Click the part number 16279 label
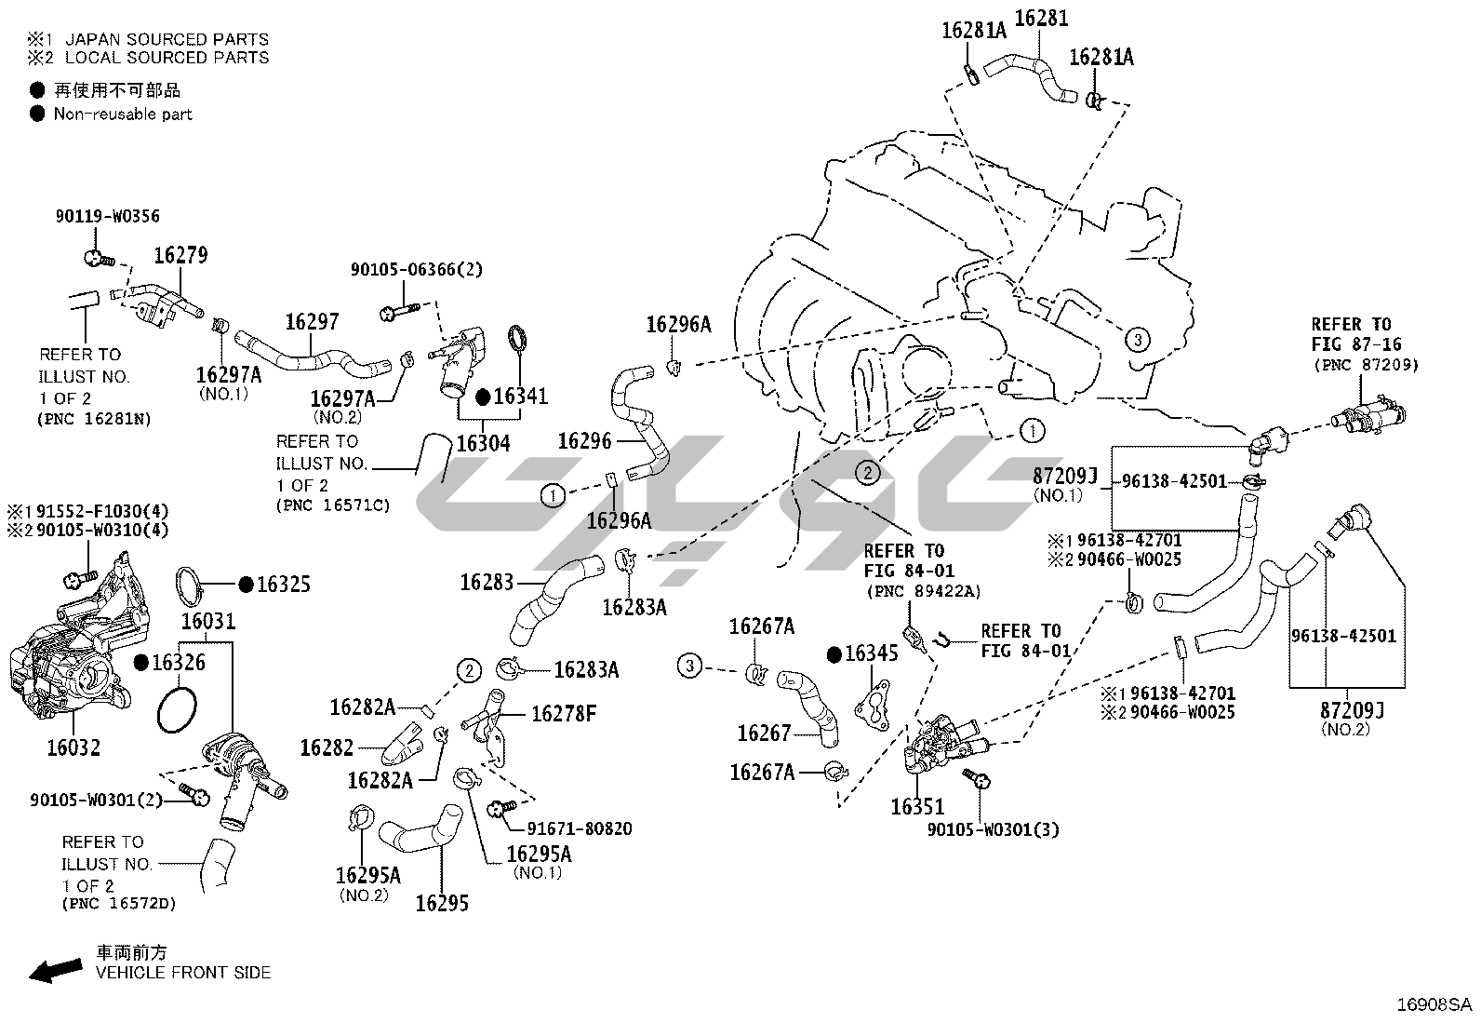click(x=180, y=255)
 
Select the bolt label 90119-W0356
click(x=107, y=217)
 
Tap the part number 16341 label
click(x=521, y=397)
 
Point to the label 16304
click(x=483, y=443)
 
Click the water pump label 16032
click(x=73, y=747)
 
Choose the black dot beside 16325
click(x=246, y=585)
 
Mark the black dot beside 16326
click(x=140, y=662)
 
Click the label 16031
click(x=208, y=621)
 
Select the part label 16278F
click(x=564, y=714)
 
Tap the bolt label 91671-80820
click(x=580, y=828)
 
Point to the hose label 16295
click(x=442, y=902)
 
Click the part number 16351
click(x=917, y=807)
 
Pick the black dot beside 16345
click(x=834, y=653)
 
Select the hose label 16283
click(x=487, y=583)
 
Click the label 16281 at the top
click(x=1041, y=18)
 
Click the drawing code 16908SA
click(x=1434, y=1005)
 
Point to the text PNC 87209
click(x=1366, y=366)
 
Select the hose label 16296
click(x=584, y=440)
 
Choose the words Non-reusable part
click(x=123, y=114)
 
